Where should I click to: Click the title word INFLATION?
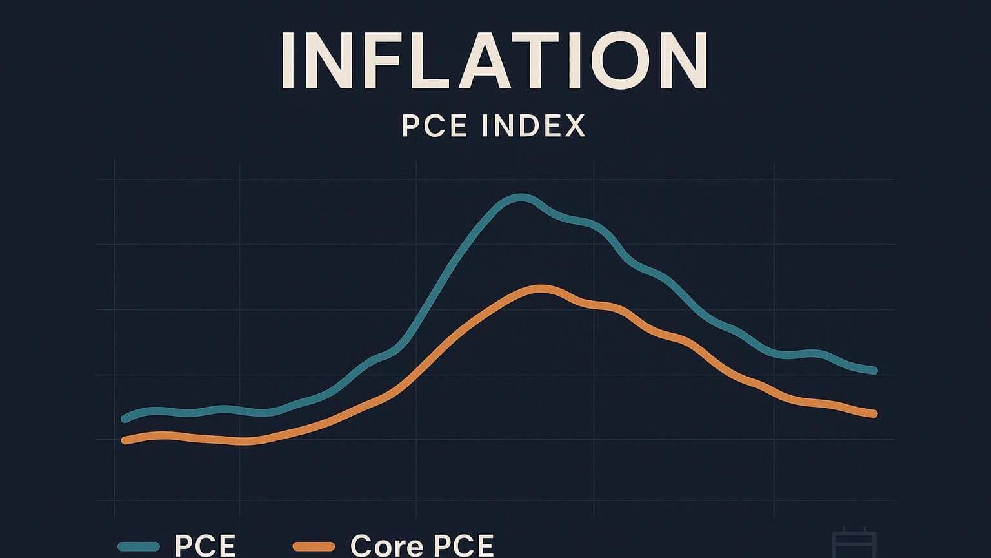[x=495, y=60]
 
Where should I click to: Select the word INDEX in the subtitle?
[x=534, y=125]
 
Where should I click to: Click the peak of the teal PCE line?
[x=521, y=198]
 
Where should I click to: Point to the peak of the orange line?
[x=542, y=289]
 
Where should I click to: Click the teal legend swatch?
[x=138, y=546]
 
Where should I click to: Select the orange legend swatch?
[x=314, y=546]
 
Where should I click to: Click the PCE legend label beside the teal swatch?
[x=205, y=546]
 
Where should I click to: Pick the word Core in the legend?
[x=388, y=546]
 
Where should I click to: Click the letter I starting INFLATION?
[x=288, y=60]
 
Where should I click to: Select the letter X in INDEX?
[x=572, y=125]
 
